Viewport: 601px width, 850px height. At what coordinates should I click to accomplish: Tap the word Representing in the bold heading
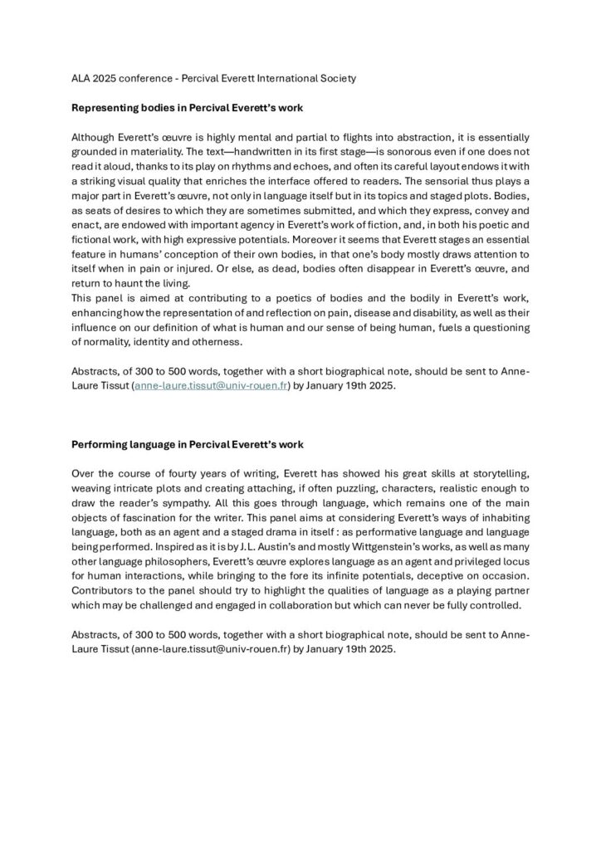coord(104,107)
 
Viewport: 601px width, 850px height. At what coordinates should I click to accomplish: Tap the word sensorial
coord(444,178)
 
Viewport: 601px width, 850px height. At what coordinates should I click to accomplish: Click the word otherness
coord(241,341)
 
